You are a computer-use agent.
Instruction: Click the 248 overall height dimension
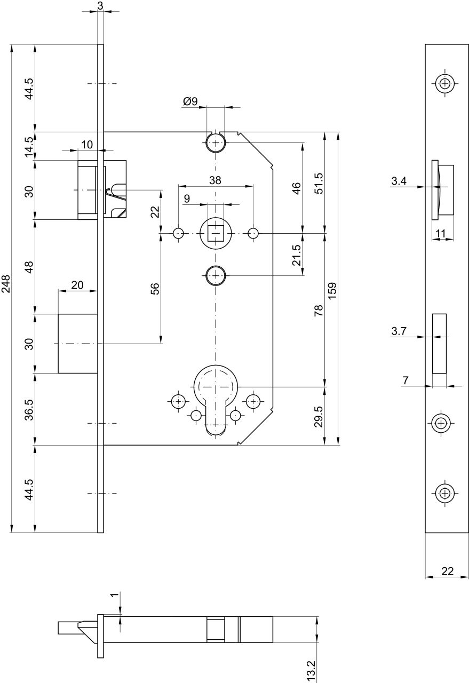tap(6, 283)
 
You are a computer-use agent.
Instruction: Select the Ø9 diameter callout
tap(190, 101)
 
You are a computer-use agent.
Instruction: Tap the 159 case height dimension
tap(333, 290)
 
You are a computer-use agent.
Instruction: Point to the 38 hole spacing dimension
tap(215, 180)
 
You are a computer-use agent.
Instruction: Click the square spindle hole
tap(216, 233)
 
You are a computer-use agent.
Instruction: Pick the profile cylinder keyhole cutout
tap(216, 400)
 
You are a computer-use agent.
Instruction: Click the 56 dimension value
tap(155, 289)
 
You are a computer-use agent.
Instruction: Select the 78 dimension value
tap(318, 310)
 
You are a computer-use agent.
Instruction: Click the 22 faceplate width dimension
tap(447, 571)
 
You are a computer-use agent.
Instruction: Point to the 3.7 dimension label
tap(399, 331)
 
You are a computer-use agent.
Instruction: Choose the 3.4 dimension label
tap(399, 181)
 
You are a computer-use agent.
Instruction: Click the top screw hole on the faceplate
tap(445, 83)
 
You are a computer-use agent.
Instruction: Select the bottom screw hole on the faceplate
tap(445, 493)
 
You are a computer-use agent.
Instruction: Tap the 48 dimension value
tap(29, 267)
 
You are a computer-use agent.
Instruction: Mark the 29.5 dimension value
tap(318, 417)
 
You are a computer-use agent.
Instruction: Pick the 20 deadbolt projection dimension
tap(77, 285)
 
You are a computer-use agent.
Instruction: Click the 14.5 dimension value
tap(29, 147)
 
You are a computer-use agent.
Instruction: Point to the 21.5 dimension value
tap(297, 255)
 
